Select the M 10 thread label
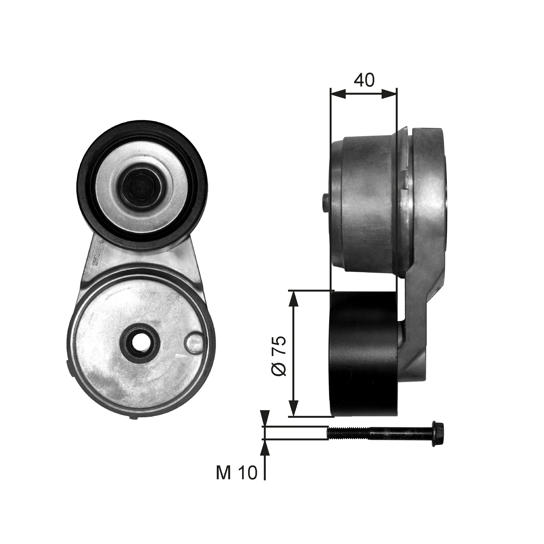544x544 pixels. pyautogui.click(x=237, y=473)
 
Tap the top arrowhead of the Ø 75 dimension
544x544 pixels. pyautogui.click(x=294, y=299)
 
